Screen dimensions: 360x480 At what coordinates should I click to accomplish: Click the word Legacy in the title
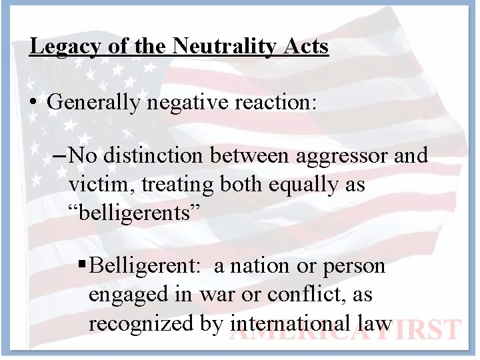coord(65,47)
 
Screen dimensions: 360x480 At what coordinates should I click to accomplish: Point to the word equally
coord(301,184)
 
